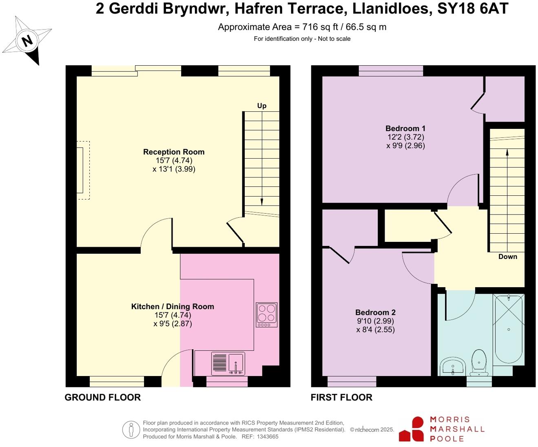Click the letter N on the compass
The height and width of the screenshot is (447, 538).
[27, 41]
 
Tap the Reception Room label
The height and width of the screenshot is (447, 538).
[174, 152]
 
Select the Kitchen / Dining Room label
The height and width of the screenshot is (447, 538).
[173, 306]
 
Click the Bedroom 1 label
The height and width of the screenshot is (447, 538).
[405, 128]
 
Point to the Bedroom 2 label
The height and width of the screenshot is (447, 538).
[375, 312]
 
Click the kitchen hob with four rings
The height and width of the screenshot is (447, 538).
[266, 314]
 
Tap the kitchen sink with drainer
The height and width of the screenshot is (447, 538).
[228, 363]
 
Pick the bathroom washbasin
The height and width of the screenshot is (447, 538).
[452, 366]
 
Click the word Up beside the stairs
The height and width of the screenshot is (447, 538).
[261, 106]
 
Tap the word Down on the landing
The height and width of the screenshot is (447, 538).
[507, 257]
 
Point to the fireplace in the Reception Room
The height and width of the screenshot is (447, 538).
[83, 170]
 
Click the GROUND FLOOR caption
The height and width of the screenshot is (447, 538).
[103, 397]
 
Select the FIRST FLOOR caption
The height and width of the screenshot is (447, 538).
[341, 397]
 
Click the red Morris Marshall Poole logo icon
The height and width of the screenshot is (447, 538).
[412, 429]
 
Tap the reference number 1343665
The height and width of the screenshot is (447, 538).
[266, 436]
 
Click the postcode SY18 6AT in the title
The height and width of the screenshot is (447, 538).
[473, 9]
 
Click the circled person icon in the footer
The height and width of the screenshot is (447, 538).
[131, 430]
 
